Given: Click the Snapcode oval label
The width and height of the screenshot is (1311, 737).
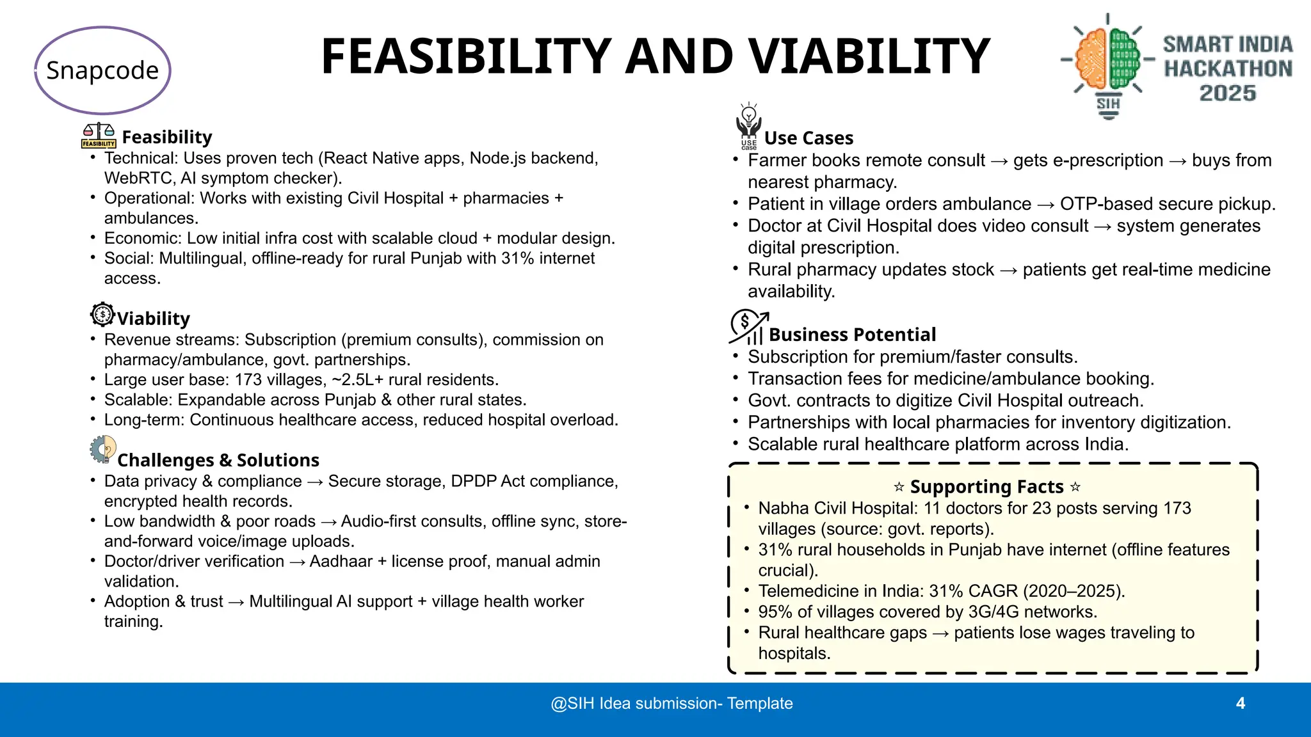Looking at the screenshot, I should click(x=102, y=70).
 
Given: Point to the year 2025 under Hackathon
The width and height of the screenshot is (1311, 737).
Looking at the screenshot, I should click(x=1227, y=93).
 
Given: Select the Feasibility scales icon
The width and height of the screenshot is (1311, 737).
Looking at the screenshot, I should click(x=99, y=136).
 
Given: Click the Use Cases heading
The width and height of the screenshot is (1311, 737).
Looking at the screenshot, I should click(x=808, y=138).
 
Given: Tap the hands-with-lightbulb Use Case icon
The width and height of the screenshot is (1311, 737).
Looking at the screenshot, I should click(x=748, y=126).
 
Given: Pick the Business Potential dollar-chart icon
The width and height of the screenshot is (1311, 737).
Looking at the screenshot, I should click(x=748, y=327).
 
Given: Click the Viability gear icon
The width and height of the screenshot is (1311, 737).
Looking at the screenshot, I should click(x=102, y=315).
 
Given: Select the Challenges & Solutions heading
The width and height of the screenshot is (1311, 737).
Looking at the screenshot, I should click(x=218, y=460).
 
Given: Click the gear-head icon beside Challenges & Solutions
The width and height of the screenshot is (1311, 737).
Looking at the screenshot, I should click(x=103, y=449).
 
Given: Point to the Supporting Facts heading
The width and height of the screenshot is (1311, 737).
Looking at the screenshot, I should click(x=986, y=487).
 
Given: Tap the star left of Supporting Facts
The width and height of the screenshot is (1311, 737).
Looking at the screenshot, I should click(x=899, y=487).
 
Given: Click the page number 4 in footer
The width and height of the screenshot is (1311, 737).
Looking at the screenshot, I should click(x=1240, y=704).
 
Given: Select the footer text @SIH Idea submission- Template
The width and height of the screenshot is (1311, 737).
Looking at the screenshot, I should click(x=672, y=704).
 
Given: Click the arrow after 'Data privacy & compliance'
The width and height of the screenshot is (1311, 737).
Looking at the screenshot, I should click(x=315, y=482).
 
